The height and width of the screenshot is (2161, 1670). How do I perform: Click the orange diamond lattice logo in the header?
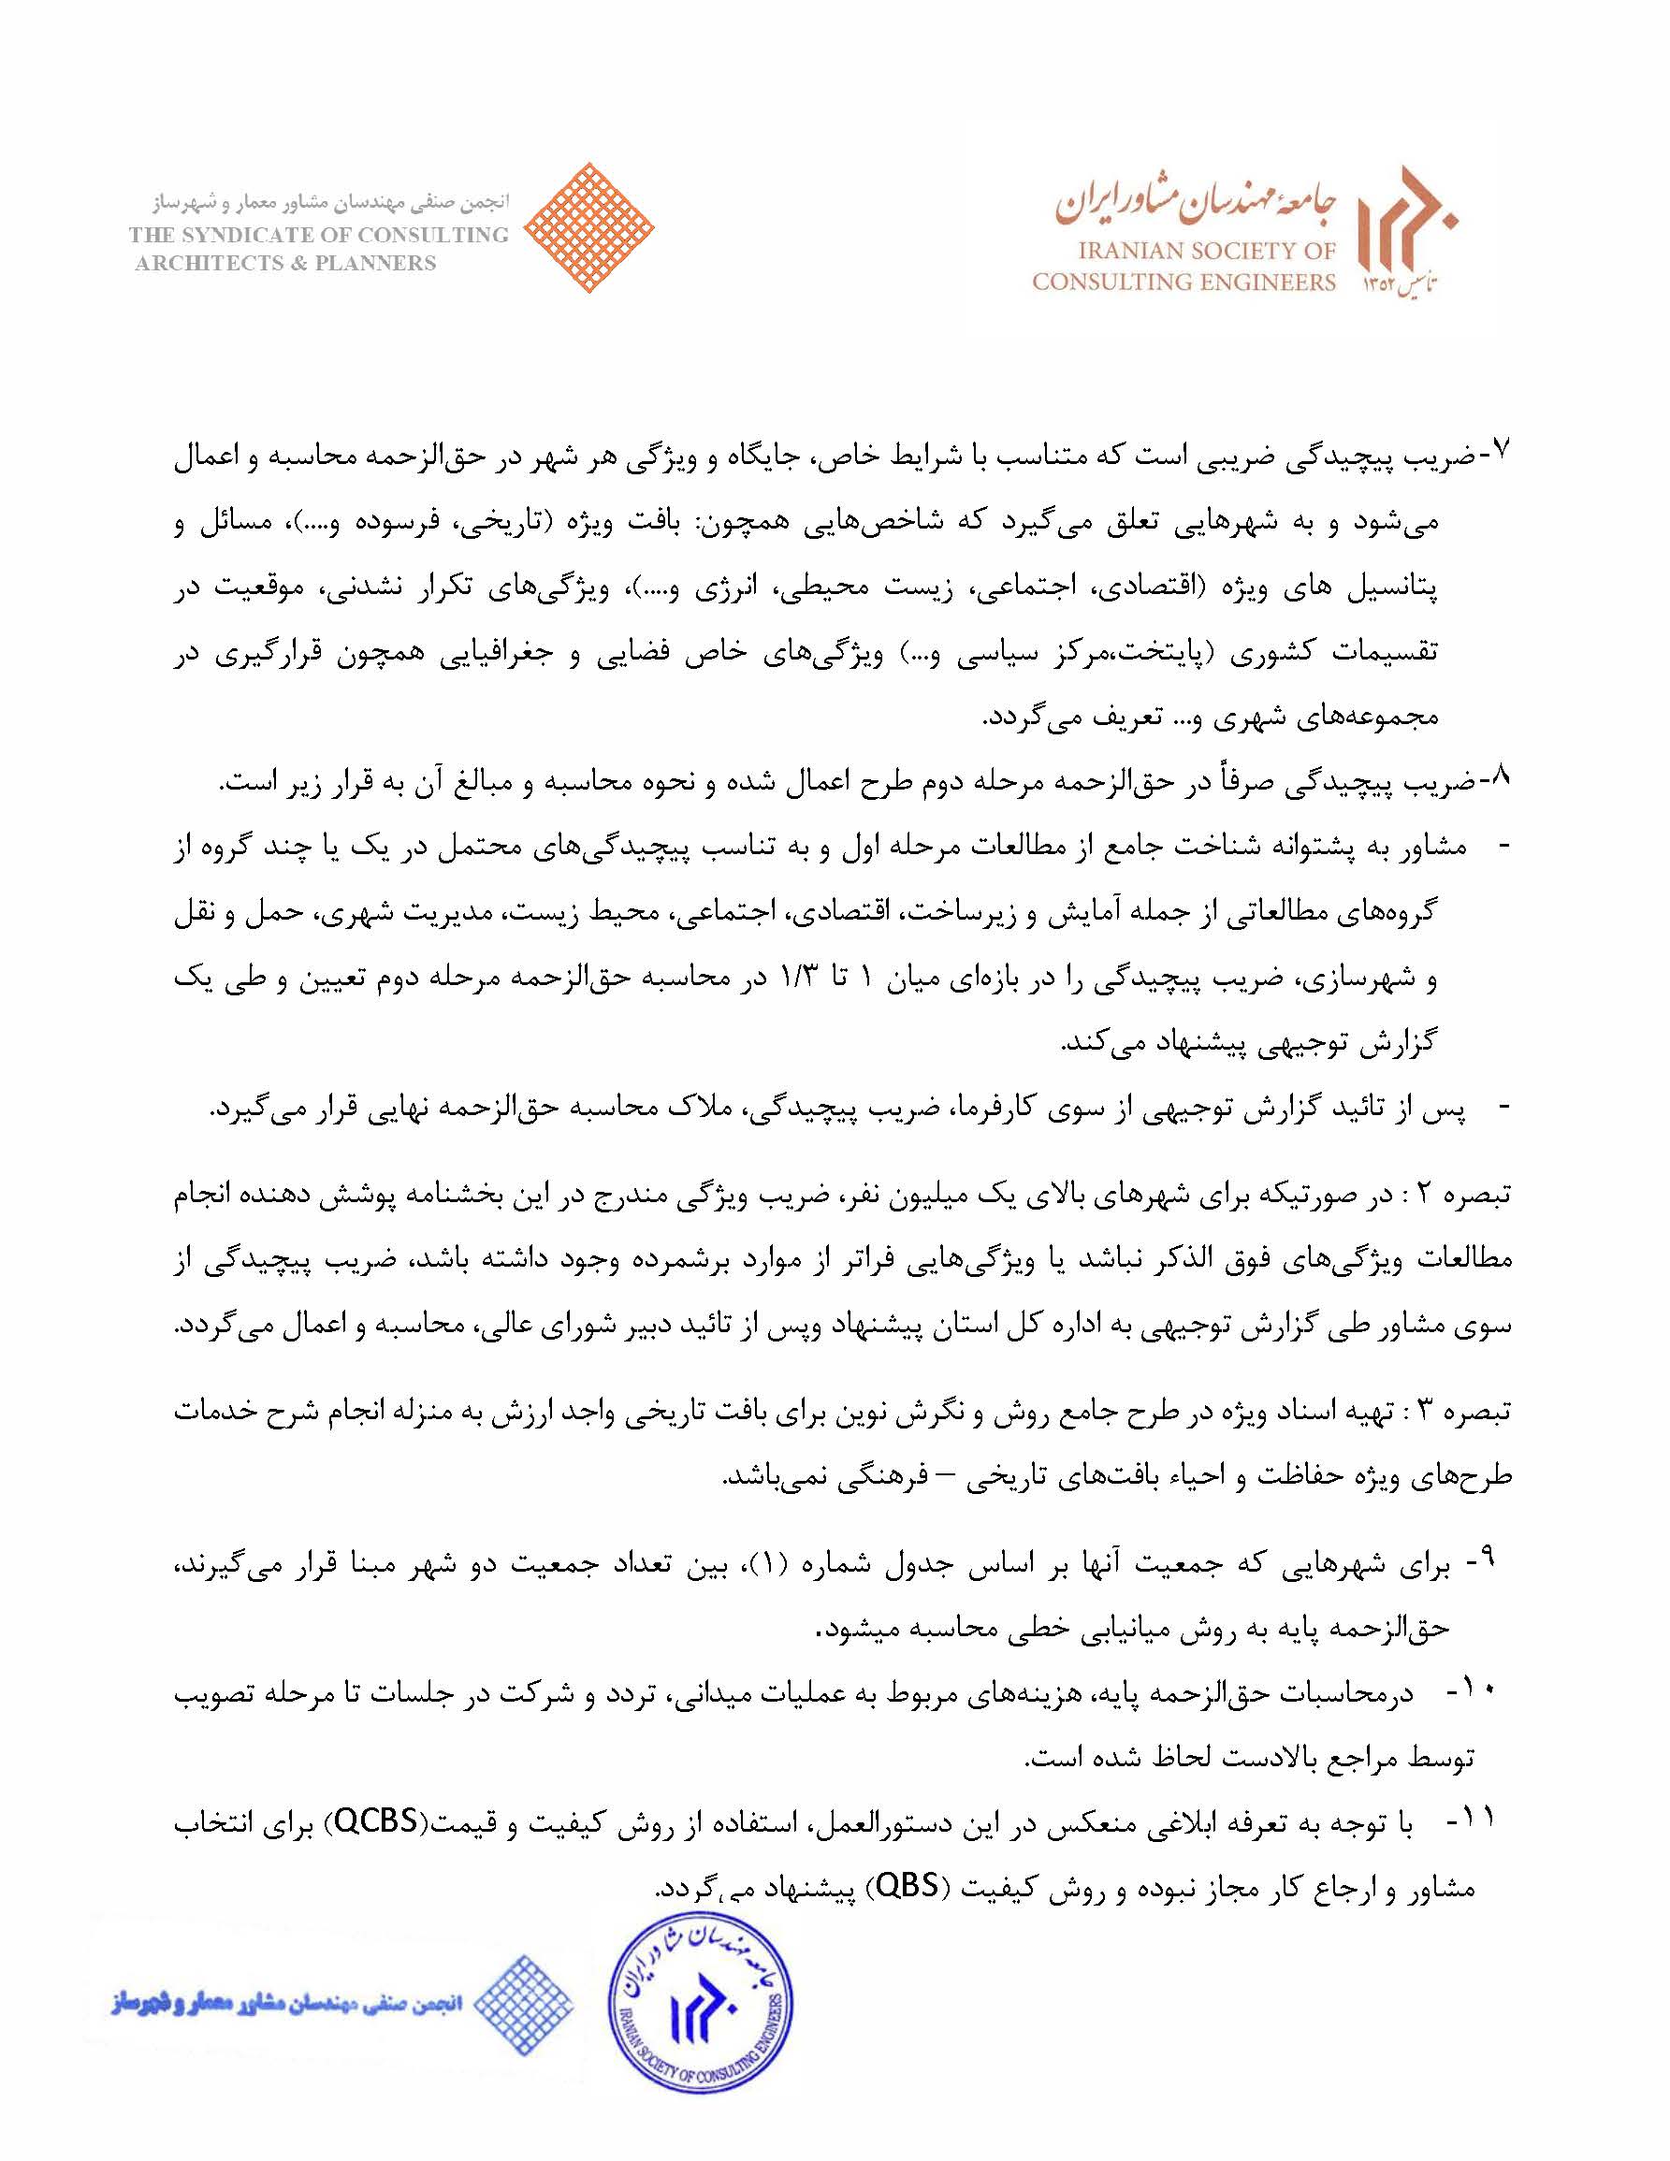[589, 227]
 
